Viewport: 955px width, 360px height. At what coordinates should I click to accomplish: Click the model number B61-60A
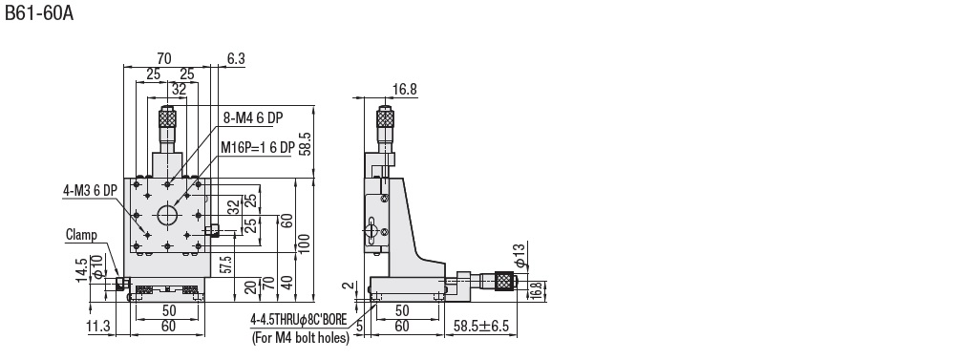39,12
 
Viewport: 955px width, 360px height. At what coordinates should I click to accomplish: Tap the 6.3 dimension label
236,58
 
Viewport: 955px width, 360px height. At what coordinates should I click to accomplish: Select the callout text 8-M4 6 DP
253,118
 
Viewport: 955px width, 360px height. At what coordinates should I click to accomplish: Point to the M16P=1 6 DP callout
258,147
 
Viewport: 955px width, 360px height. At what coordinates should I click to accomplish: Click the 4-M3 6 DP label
90,191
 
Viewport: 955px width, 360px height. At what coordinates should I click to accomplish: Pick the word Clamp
81,235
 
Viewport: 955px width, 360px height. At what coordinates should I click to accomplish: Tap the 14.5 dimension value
82,270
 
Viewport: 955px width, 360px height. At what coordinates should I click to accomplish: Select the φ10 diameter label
96,268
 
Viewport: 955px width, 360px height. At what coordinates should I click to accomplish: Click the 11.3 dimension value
98,327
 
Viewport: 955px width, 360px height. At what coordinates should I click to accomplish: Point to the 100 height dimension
305,243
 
